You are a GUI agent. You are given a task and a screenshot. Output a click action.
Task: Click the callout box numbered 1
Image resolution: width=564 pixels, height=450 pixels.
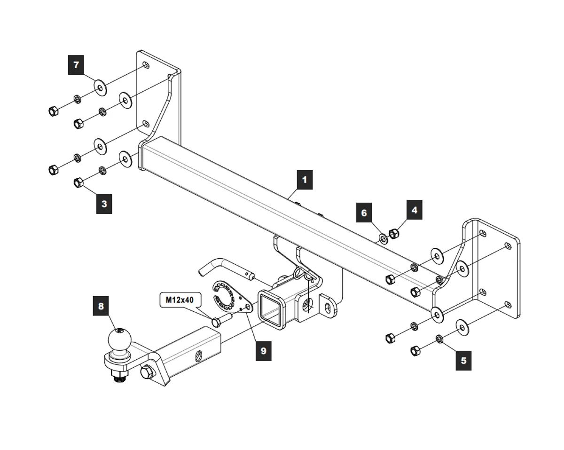(304, 180)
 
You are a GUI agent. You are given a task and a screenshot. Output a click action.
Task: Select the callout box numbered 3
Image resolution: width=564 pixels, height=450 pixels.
(104, 204)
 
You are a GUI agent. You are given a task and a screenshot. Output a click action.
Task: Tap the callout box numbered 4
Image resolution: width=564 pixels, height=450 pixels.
(414, 210)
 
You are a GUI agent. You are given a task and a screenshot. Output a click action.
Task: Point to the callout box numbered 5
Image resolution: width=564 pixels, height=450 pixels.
(463, 361)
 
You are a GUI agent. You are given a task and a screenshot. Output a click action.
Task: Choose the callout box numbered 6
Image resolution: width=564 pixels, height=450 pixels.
(364, 213)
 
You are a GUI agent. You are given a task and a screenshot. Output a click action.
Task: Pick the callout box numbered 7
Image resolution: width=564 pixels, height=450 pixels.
(76, 64)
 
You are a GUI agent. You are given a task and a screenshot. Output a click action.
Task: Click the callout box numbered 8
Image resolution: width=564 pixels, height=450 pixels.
(100, 306)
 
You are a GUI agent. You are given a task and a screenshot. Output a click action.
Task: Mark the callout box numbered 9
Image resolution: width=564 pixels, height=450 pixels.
(263, 351)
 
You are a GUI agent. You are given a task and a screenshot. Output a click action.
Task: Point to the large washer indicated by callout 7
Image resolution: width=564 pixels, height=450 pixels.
(99, 87)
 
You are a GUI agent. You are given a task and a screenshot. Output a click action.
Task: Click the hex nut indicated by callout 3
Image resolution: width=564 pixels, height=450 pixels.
(78, 182)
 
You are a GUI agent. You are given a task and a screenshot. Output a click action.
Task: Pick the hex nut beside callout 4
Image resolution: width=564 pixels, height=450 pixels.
(394, 232)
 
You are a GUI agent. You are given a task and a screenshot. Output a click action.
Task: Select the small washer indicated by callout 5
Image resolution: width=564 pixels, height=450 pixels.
(439, 339)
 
